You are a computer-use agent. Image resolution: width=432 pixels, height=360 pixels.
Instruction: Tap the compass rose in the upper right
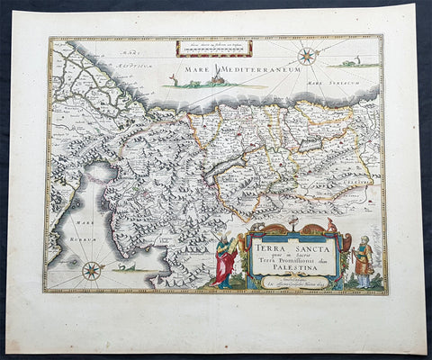307,56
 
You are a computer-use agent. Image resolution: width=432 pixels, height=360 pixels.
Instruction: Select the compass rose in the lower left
91,269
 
